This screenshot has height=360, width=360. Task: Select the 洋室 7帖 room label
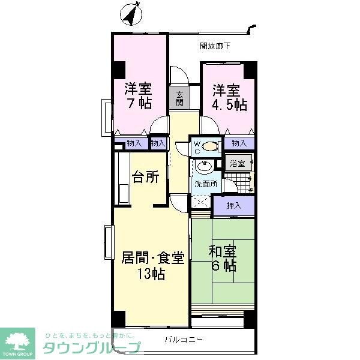tap(138, 95)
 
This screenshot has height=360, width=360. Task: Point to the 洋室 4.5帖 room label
tap(229, 98)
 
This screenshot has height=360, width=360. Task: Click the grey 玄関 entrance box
tap(180, 97)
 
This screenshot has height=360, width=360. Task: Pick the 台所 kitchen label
tap(146, 178)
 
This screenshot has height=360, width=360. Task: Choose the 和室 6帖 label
tap(223, 259)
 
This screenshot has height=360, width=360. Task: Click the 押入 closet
tap(234, 206)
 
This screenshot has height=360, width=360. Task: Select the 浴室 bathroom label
tap(238, 163)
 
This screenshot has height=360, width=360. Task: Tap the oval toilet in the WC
tap(210, 145)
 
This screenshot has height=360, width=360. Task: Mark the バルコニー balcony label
tap(184, 339)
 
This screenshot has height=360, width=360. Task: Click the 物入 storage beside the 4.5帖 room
tap(239, 143)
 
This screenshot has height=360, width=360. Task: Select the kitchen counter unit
tap(124, 177)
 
